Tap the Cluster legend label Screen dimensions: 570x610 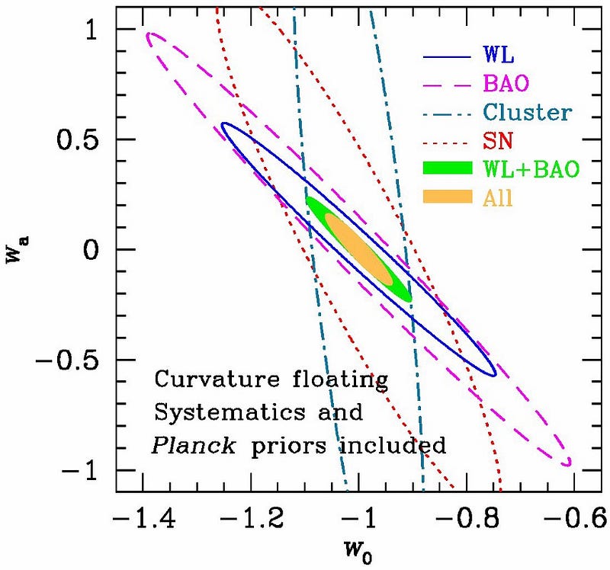pyautogui.click(x=527, y=113)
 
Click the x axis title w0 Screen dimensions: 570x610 pyautogui.click(x=359, y=554)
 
